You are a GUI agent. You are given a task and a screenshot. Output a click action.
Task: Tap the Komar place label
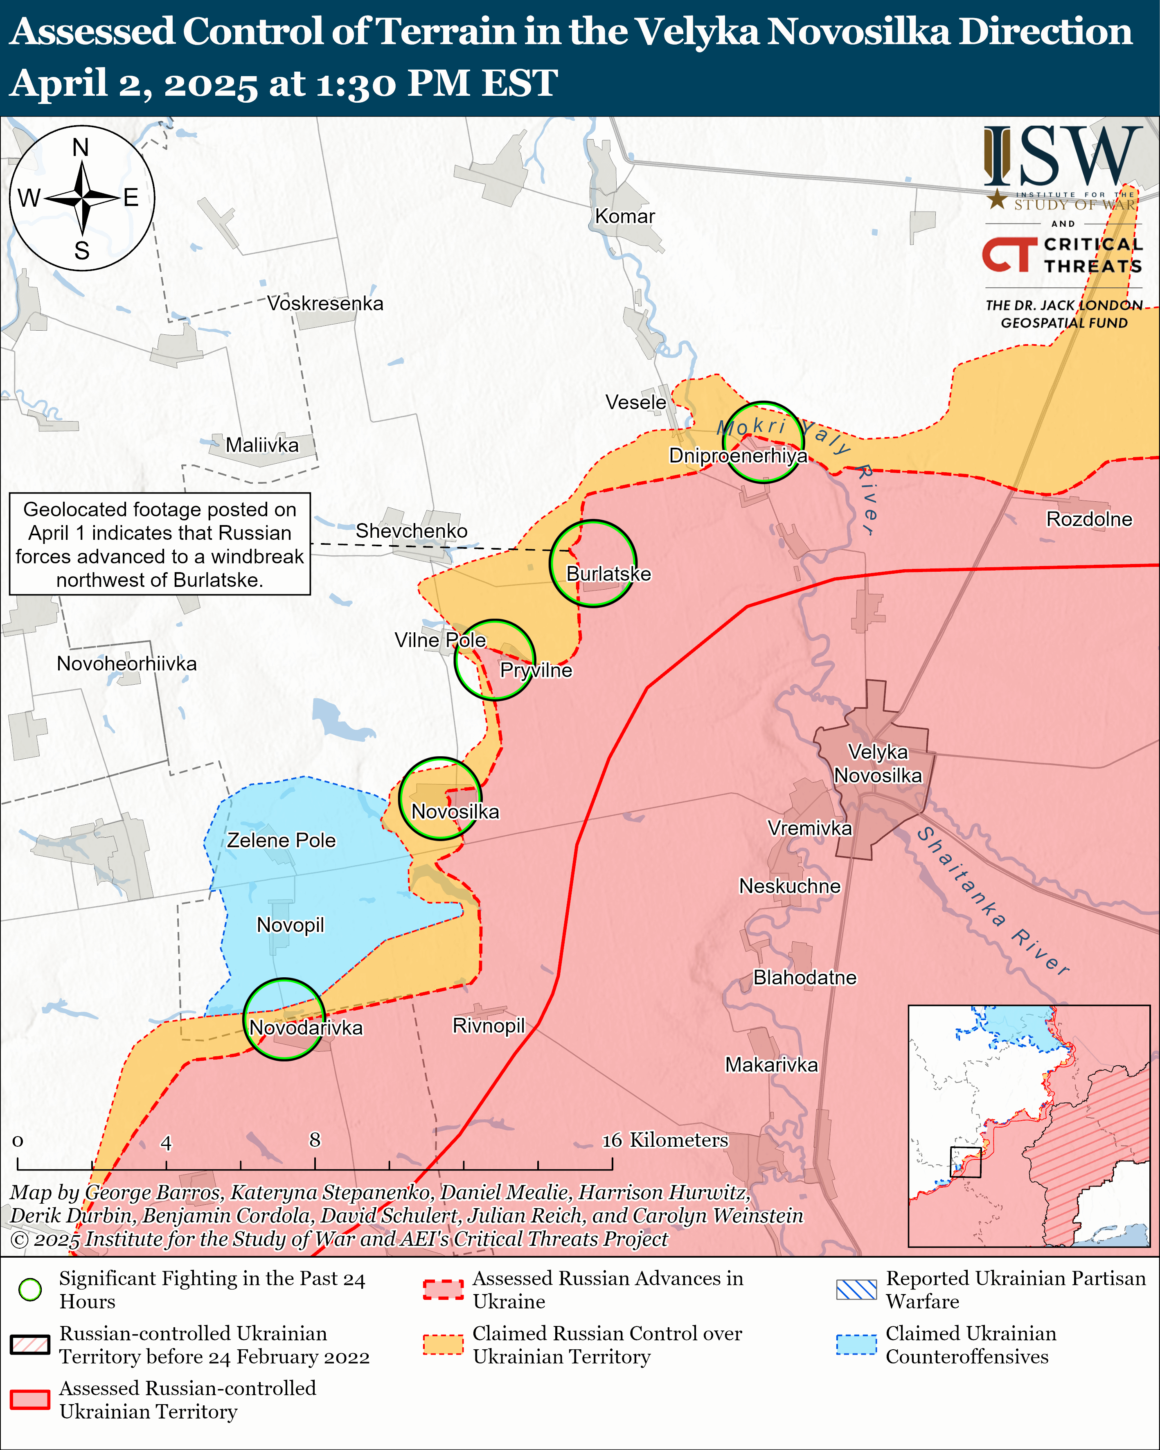(x=625, y=216)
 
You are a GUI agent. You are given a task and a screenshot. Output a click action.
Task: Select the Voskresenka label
(x=325, y=303)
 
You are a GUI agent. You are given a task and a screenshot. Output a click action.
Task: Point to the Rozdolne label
(x=1089, y=519)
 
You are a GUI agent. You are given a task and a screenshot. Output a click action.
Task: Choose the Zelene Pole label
(x=281, y=840)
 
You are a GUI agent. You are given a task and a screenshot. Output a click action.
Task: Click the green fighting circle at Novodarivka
(x=284, y=1019)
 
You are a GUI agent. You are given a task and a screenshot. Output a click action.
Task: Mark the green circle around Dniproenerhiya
(x=763, y=442)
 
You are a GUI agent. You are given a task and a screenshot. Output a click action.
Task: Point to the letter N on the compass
(x=81, y=147)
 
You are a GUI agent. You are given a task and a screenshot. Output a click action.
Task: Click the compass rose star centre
(x=82, y=198)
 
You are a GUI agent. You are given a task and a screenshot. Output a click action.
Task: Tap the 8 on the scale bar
(x=315, y=1140)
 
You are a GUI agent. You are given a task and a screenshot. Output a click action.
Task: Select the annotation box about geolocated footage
(x=160, y=544)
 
